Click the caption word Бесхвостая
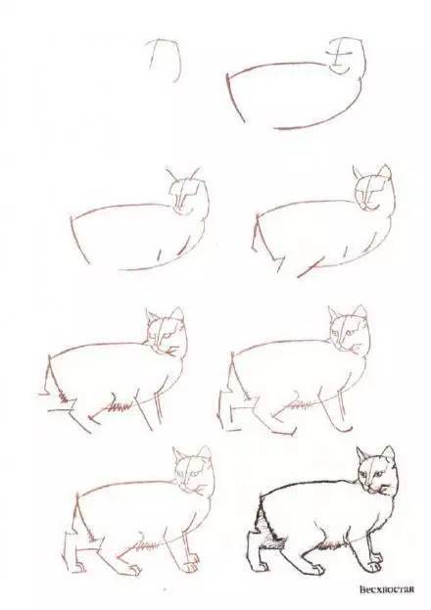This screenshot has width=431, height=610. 385,589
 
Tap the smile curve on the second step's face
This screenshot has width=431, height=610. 340,70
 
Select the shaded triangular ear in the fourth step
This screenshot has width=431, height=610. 385,171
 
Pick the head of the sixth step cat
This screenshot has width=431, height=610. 350,330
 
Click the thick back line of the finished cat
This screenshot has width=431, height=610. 308,485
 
